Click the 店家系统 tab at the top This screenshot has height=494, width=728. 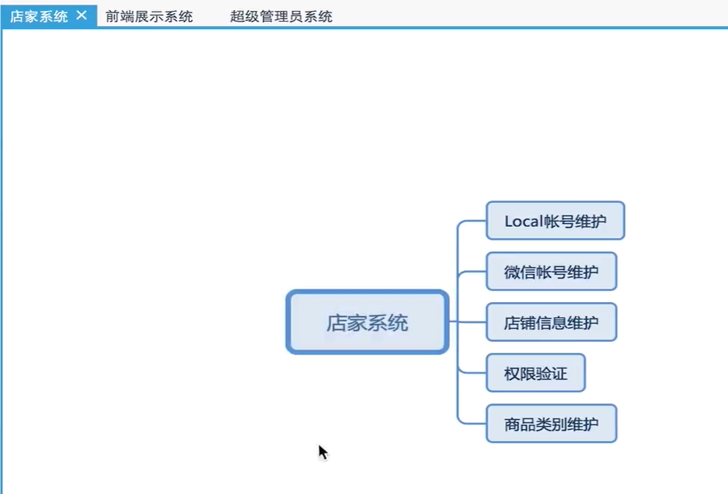click(x=39, y=16)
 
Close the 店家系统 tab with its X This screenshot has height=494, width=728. click(x=82, y=16)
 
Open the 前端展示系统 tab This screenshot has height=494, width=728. click(x=149, y=16)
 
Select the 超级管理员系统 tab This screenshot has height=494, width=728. click(x=281, y=16)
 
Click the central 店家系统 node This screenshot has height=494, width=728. click(x=367, y=322)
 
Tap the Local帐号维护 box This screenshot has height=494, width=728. click(x=555, y=221)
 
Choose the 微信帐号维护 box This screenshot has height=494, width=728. click(x=551, y=272)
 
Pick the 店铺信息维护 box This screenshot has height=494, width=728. click(x=551, y=322)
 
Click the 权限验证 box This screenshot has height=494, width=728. click(x=535, y=374)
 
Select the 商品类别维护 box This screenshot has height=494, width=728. click(x=551, y=425)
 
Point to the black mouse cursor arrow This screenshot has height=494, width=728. click(x=322, y=452)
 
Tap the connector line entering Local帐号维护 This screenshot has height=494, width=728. click(x=472, y=221)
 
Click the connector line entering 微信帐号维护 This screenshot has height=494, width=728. click(x=472, y=272)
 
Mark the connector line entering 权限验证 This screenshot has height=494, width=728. click(x=472, y=374)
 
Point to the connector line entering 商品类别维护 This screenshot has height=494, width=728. click(x=472, y=425)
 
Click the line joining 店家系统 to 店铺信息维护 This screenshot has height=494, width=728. click(x=467, y=322)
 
